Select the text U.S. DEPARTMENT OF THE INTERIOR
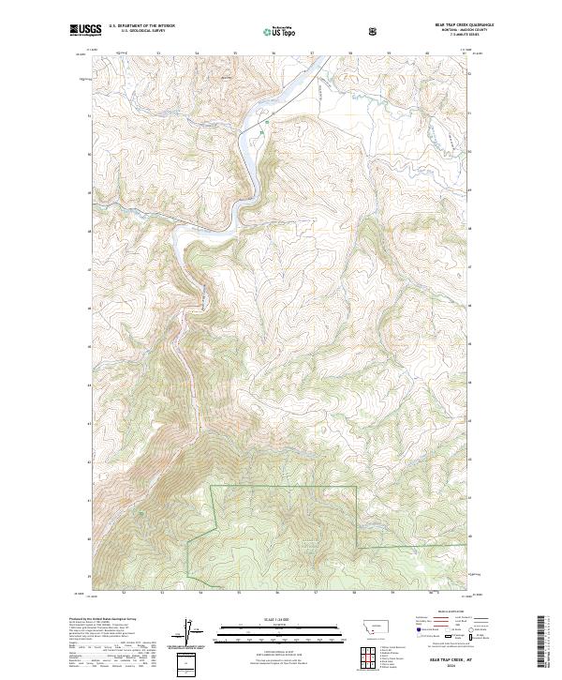click(x=142, y=26)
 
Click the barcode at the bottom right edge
click(x=542, y=643)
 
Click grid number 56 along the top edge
click(x=277, y=53)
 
